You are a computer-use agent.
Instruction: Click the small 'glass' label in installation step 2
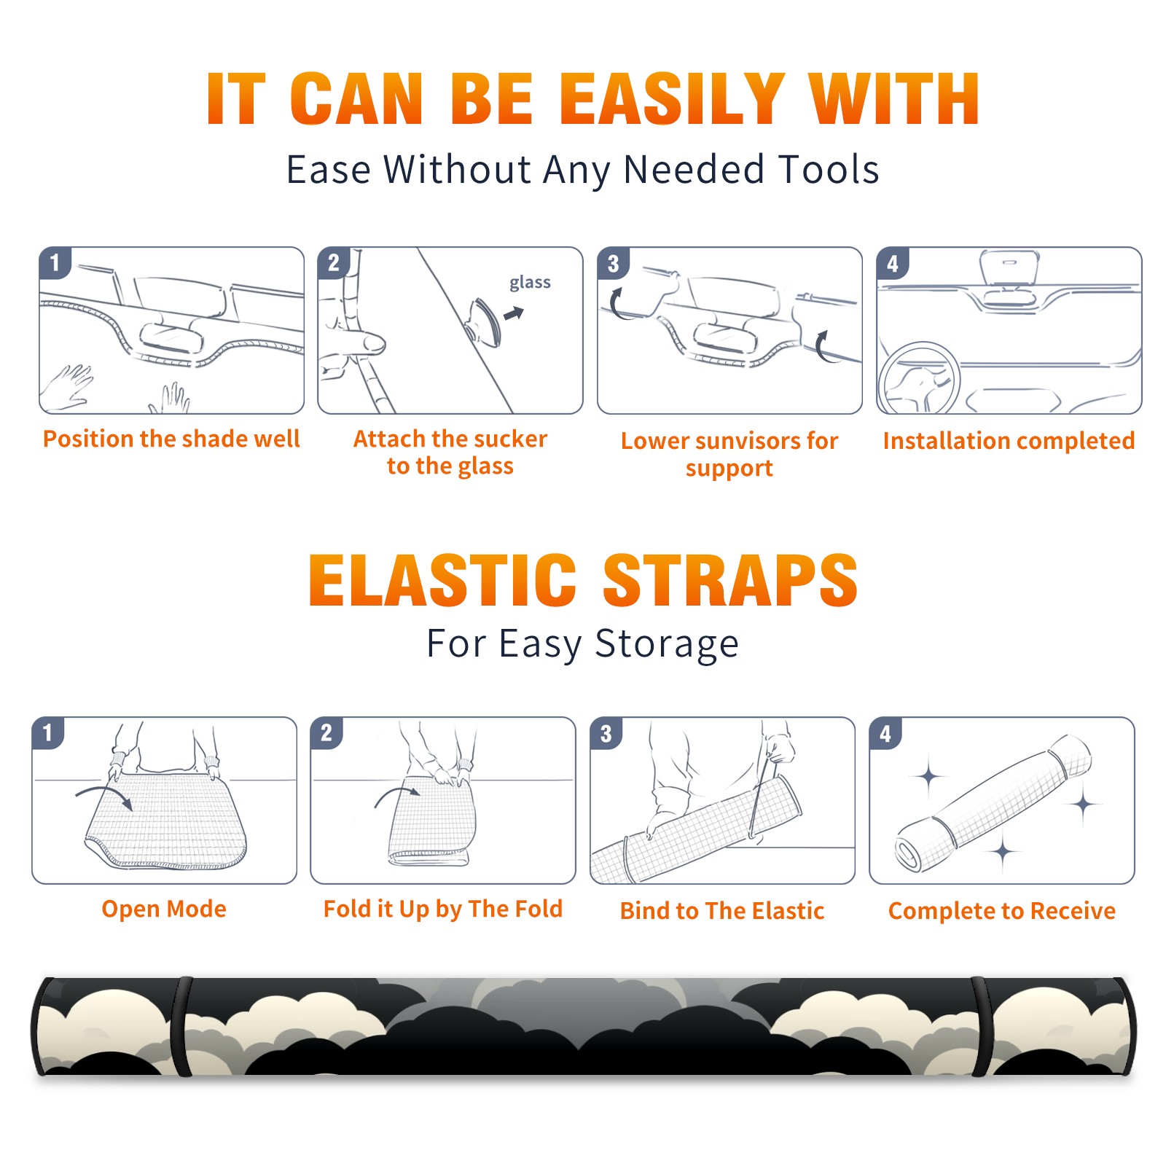[x=530, y=283]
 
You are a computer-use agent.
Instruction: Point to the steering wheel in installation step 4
[x=919, y=378]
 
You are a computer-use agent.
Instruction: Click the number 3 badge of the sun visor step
[x=613, y=264]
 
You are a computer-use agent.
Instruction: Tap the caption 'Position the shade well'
[x=171, y=439]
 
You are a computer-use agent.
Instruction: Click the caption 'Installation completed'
[x=1009, y=440]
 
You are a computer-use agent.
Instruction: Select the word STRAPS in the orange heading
[x=730, y=580]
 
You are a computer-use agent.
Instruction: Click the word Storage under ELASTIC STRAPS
[x=667, y=644]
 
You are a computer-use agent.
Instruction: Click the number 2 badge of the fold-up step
[x=326, y=732]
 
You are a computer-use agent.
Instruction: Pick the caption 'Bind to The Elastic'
[x=721, y=911]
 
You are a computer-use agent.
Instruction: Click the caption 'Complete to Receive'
[x=1001, y=911]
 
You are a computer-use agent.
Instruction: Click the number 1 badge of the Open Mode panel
[x=48, y=732]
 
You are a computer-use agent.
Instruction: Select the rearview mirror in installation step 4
[x=1009, y=267]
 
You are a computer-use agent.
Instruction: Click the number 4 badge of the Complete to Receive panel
[x=885, y=732]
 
